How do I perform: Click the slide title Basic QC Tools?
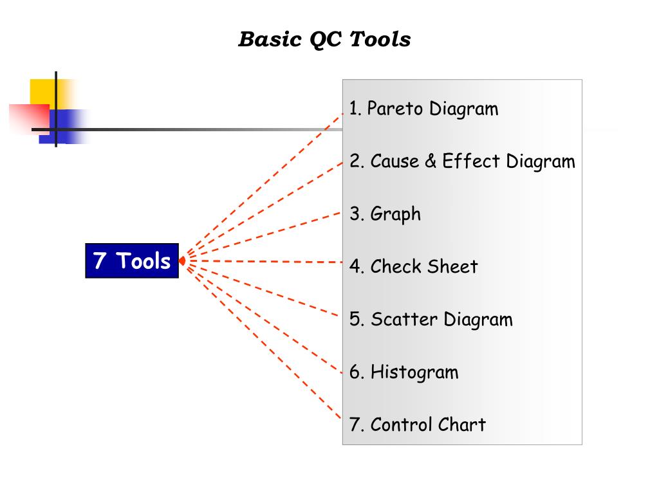click(x=324, y=39)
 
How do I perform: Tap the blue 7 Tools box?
click(x=132, y=261)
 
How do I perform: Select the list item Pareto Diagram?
click(x=423, y=109)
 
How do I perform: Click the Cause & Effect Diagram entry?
click(x=462, y=161)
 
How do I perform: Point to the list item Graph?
click(x=385, y=214)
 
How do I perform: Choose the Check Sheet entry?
click(x=414, y=266)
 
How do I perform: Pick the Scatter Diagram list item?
click(x=431, y=320)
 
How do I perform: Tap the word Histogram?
click(x=414, y=372)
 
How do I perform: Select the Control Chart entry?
click(x=418, y=425)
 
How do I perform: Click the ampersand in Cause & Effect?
click(x=431, y=161)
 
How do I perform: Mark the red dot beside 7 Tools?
click(x=183, y=261)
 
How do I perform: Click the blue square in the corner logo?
click(x=71, y=125)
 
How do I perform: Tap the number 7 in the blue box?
click(x=99, y=261)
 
